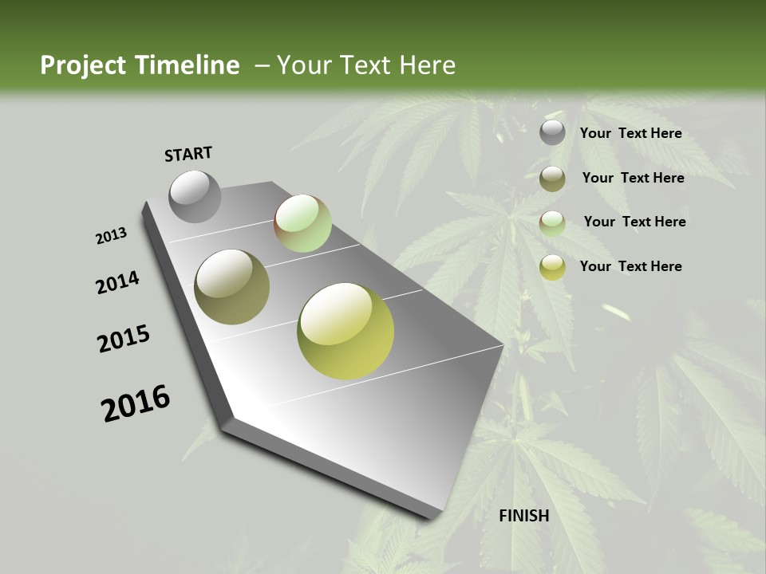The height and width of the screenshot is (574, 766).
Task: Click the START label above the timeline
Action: click(188, 154)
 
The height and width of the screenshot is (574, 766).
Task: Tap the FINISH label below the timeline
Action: click(524, 516)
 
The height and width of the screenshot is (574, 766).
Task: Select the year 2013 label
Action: click(111, 236)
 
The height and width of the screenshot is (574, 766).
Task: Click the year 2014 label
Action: click(118, 282)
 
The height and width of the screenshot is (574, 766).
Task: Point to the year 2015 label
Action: click(124, 339)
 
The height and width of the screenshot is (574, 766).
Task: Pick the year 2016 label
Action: click(136, 403)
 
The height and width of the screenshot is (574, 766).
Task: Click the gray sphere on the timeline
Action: click(195, 196)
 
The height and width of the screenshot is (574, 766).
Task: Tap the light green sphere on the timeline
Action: click(302, 222)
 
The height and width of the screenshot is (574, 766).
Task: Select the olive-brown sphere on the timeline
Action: click(231, 286)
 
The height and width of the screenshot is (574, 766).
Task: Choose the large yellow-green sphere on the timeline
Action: click(345, 330)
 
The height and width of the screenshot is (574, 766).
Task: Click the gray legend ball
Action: click(552, 133)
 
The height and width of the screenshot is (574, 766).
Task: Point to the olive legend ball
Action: click(552, 179)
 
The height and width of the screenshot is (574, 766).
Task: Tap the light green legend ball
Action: click(552, 223)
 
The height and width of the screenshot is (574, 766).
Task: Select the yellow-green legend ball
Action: click(552, 267)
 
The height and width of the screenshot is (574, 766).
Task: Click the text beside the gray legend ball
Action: click(630, 133)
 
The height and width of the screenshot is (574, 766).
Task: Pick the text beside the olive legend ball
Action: click(633, 178)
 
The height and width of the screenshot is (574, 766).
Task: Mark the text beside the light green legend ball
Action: click(634, 222)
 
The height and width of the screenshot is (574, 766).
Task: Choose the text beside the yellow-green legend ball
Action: click(630, 266)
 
